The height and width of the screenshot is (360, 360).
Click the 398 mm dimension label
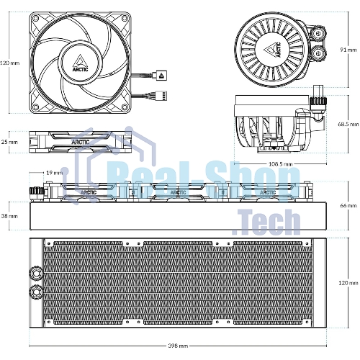click(178, 346)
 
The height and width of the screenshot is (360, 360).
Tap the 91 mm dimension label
click(348, 50)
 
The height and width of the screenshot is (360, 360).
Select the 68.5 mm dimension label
click(348, 124)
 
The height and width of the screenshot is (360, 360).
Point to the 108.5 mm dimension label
click(280, 164)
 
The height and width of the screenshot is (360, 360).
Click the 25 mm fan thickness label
click(9, 142)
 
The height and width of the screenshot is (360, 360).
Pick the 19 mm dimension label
click(54, 173)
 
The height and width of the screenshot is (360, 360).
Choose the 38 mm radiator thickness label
click(9, 216)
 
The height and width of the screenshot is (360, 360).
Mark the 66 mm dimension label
click(348, 205)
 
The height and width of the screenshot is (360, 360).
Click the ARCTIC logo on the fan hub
click(81, 63)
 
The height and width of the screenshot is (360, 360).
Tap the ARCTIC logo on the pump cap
click(272, 50)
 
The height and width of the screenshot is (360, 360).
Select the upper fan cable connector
click(161, 75)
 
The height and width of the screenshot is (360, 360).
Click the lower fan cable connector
click(161, 96)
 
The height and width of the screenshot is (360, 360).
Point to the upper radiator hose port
click(36, 273)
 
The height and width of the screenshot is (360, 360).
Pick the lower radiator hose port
click(36, 292)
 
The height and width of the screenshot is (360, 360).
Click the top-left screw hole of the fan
click(35, 18)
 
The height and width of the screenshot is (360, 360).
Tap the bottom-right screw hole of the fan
click(125, 107)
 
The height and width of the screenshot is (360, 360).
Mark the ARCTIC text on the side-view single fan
click(81, 142)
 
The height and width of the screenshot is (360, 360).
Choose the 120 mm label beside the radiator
click(348, 283)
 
